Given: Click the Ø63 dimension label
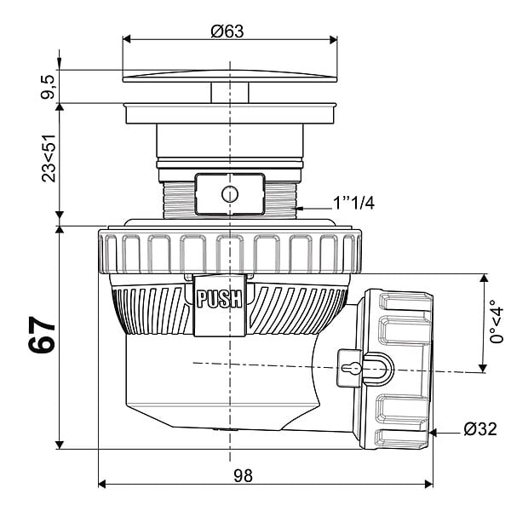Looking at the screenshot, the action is click(x=227, y=32).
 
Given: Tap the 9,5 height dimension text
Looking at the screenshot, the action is click(x=49, y=87).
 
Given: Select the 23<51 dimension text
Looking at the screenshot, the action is click(x=49, y=158).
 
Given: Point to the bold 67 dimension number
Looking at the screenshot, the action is click(x=43, y=335).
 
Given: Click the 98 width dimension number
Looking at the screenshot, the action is click(x=243, y=476).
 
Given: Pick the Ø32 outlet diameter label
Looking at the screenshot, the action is click(x=480, y=429).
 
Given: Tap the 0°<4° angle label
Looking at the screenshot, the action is click(x=497, y=321).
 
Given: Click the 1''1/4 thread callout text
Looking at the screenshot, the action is click(x=353, y=204).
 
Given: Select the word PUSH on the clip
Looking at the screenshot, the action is click(x=220, y=299).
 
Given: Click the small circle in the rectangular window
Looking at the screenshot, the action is click(x=230, y=194).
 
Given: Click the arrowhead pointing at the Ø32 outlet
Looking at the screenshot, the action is click(x=433, y=433).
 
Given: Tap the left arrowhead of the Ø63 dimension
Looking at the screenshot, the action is click(x=126, y=39).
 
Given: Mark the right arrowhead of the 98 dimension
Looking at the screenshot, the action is click(x=429, y=484).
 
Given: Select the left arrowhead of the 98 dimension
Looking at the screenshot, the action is click(x=102, y=484).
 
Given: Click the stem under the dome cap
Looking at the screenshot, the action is click(x=230, y=93).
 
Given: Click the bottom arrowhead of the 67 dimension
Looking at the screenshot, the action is click(x=60, y=445).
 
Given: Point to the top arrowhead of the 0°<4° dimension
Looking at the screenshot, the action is click(x=484, y=278).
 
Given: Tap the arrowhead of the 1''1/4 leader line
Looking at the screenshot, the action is click(x=300, y=208).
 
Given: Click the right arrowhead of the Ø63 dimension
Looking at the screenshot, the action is click(x=333, y=39).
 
